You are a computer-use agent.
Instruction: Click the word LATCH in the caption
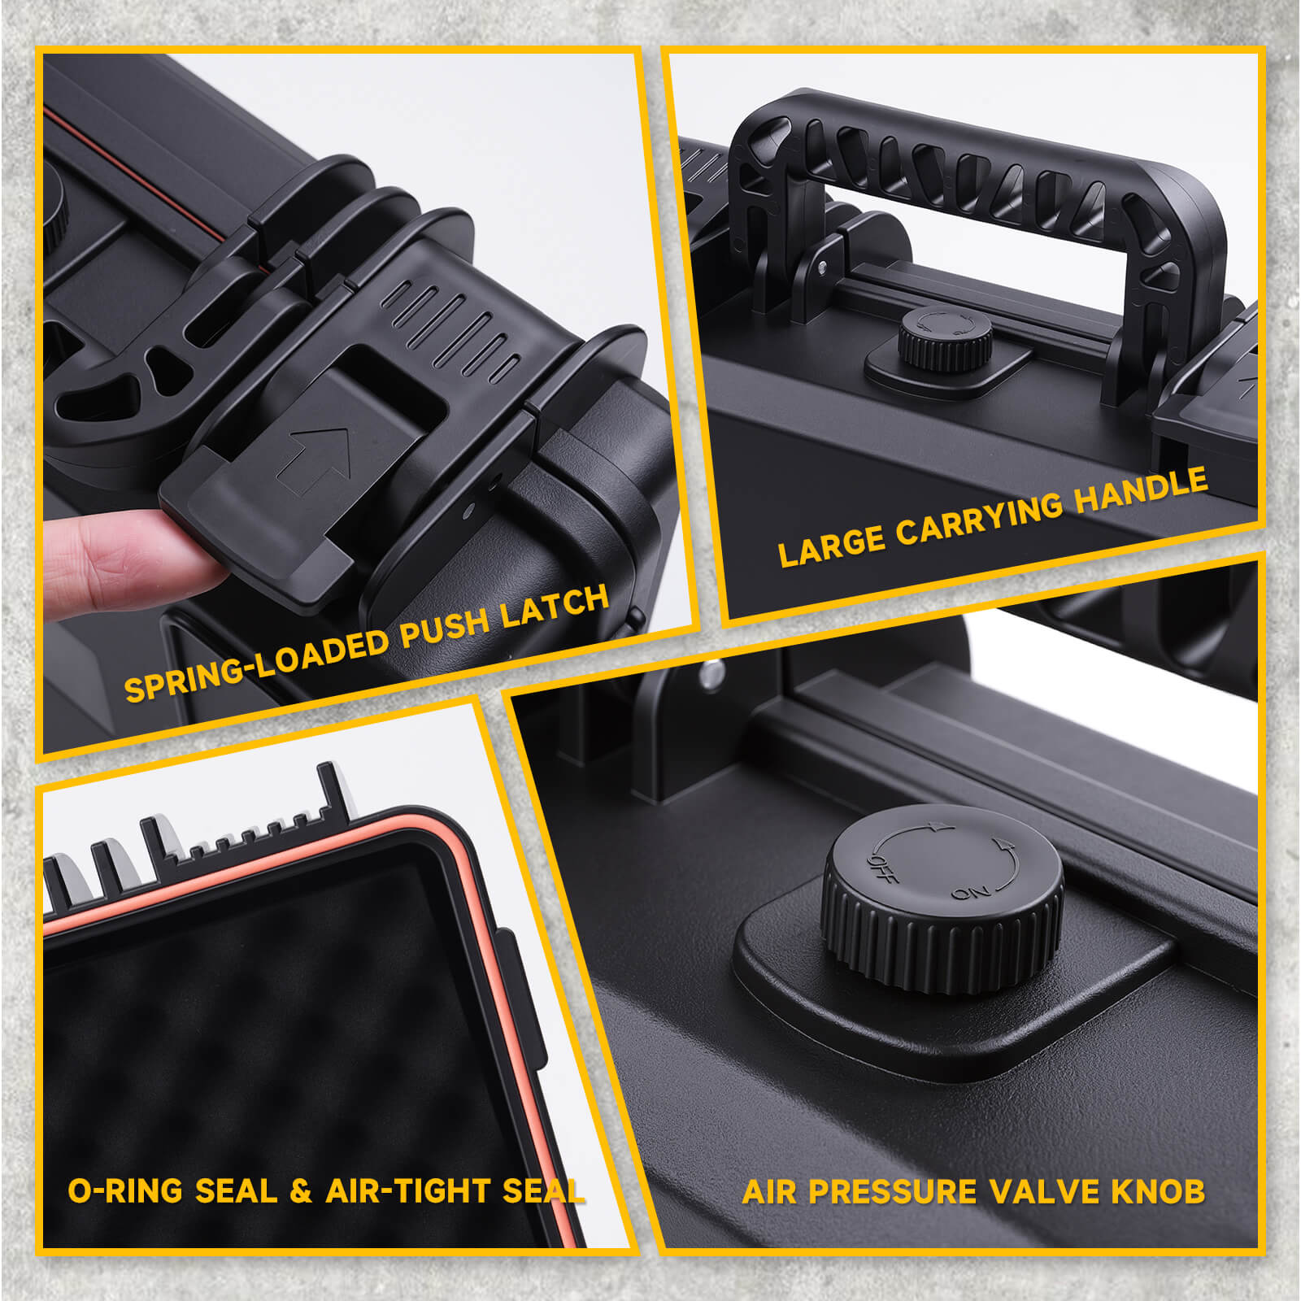click(x=555, y=607)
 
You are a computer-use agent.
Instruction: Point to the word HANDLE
click(x=1141, y=493)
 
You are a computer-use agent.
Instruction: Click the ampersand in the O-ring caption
click(x=301, y=1191)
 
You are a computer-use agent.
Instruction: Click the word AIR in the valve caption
click(x=770, y=1192)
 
